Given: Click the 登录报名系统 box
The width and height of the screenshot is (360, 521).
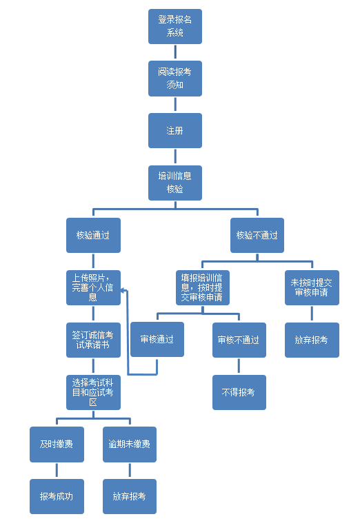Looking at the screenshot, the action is point(175,27).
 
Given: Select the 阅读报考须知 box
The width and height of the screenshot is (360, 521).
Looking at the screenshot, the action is point(175,79).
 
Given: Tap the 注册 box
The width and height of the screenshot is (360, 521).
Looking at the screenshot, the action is point(175,130).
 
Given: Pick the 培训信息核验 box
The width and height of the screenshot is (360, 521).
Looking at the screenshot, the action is point(175,183).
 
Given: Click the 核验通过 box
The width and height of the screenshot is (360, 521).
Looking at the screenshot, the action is point(93,235).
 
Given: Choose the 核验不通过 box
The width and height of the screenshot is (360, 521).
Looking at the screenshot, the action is point(257,235).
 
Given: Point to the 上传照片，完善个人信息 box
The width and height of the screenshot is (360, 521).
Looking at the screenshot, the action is point(93,288).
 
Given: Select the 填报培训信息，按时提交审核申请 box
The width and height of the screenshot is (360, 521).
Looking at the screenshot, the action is point(203,288).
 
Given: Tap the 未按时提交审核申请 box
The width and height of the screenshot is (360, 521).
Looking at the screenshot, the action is point(312,288).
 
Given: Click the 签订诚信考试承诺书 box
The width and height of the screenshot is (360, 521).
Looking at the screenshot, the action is point(93,340).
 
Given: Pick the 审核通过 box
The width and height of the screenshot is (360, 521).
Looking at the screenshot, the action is point(157,339).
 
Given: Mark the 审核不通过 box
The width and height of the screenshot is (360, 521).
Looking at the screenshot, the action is point(239,340).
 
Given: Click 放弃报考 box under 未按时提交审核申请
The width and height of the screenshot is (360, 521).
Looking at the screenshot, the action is point(312,340).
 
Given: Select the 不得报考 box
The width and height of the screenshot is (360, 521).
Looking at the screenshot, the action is point(239,392).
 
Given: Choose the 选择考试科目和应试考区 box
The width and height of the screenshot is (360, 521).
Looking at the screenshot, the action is point(93,392).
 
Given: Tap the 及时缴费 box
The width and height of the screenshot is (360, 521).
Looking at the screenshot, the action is point(57,445).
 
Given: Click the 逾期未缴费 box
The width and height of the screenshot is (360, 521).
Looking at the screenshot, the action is point(129,445).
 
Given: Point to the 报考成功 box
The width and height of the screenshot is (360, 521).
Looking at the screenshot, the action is point(57,496).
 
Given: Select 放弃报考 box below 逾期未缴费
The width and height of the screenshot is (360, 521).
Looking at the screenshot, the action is point(129,496).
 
